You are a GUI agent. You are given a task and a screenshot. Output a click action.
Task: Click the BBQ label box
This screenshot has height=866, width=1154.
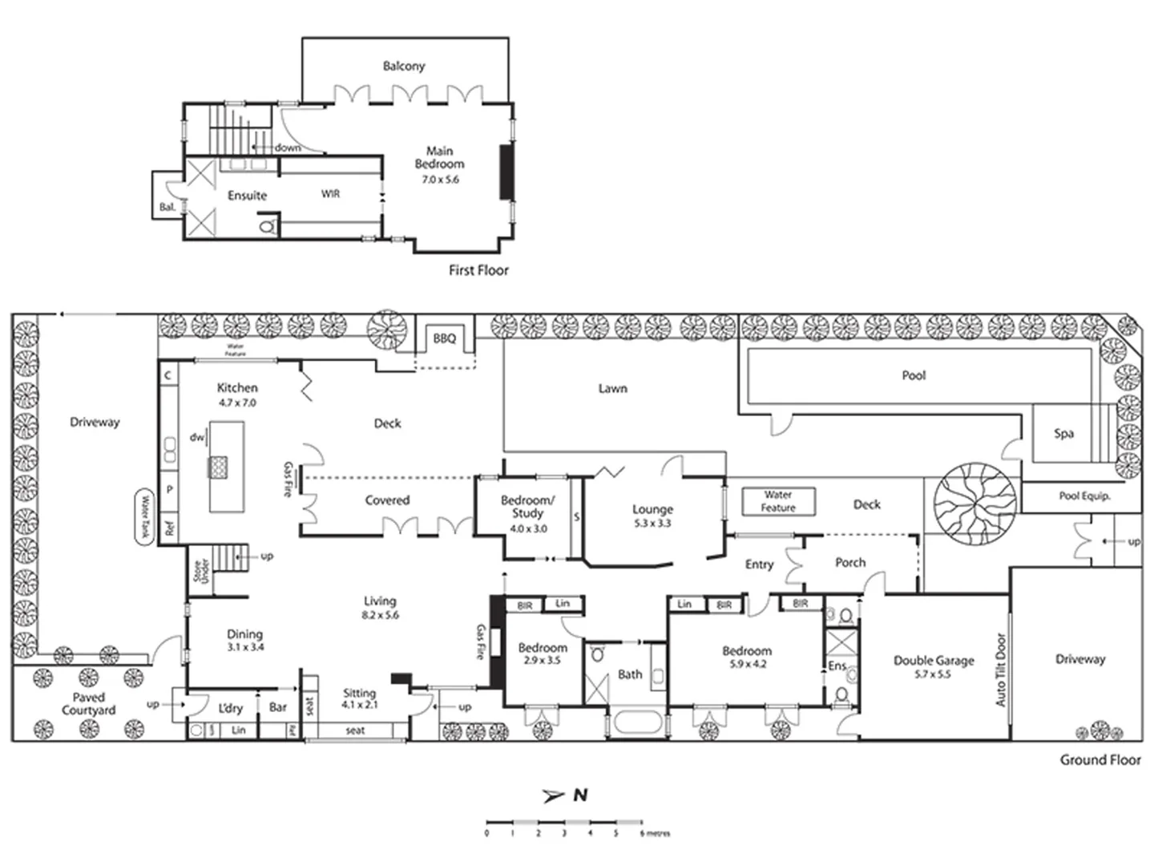tap(445, 339)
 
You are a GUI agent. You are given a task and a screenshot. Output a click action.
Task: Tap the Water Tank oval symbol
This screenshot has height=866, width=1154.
tap(145, 517)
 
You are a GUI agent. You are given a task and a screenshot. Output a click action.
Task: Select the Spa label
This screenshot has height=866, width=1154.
tap(1063, 434)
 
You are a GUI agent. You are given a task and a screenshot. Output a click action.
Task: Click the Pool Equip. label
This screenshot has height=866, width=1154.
tap(1084, 496)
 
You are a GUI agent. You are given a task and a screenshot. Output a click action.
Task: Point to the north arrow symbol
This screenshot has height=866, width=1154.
tap(554, 795)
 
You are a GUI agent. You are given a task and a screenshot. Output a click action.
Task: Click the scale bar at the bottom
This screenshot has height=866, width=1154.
tap(564, 823)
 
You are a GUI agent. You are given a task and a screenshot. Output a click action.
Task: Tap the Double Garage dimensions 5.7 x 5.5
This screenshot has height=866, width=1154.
tap(933, 674)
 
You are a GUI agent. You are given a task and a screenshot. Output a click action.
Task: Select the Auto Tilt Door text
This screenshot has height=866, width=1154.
tap(1000, 670)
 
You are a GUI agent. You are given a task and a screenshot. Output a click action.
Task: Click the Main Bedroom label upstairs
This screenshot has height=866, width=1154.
tap(439, 157)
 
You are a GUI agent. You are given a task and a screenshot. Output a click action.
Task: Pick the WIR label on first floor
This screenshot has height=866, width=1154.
tap(330, 194)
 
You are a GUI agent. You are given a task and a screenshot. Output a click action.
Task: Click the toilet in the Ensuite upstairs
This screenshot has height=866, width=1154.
tap(268, 227)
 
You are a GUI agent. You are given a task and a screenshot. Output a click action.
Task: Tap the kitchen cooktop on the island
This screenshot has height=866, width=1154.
tap(219, 466)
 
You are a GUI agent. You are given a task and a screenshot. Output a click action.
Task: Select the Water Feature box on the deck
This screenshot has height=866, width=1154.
tap(777, 502)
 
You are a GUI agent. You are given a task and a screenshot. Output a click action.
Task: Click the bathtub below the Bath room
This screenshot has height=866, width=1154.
tap(638, 723)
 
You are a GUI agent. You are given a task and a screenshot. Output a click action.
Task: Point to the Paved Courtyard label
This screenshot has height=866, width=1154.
tap(88, 704)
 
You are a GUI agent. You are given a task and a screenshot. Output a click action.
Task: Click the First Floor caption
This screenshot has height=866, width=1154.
tap(478, 271)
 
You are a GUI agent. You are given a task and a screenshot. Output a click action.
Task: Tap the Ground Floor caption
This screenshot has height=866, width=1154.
tap(1100, 760)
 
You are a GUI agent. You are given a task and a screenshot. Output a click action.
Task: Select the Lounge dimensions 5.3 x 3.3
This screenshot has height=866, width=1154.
tap(652, 523)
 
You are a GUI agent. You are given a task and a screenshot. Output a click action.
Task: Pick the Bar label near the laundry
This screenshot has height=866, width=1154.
tap(278, 707)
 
